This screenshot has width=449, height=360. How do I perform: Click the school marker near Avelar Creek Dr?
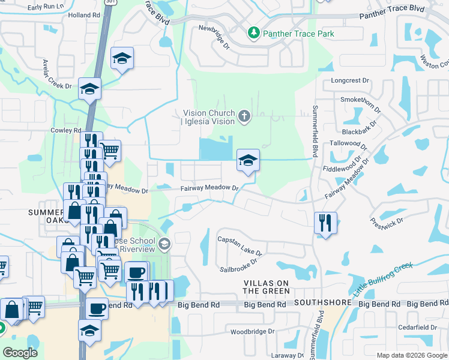click(90, 89)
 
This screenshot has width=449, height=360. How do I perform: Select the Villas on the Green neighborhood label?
click(266, 286)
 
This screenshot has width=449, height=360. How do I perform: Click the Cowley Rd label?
click(66, 130)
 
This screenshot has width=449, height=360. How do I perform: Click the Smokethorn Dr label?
click(360, 104)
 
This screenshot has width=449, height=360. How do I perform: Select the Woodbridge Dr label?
click(253, 331)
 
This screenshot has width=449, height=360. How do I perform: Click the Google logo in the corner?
click(20, 352)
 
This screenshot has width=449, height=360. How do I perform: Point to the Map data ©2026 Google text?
click(411, 355)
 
